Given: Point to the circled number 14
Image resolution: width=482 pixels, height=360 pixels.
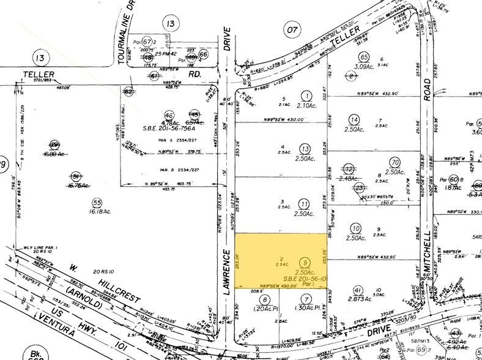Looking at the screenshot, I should [354, 119].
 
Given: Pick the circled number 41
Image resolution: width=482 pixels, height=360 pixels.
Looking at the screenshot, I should [358, 290].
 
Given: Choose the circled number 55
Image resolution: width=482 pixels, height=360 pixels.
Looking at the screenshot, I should [96, 203].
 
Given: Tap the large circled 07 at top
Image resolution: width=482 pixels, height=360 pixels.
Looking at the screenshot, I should [292, 29].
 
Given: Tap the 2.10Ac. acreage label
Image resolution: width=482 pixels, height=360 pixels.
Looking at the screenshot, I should [306, 105].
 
